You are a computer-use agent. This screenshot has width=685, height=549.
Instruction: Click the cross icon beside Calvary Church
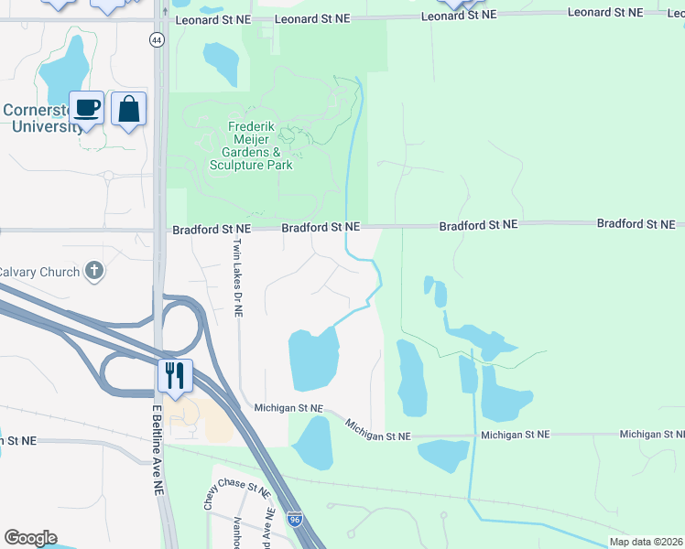pyautogui.click(x=92, y=270)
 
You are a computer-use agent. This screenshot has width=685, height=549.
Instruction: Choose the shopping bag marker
pyautogui.click(x=129, y=109)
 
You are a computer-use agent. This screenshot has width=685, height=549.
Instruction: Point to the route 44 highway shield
pyautogui.click(x=158, y=40)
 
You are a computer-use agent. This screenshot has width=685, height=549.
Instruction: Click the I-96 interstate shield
pyautogui.click(x=294, y=519)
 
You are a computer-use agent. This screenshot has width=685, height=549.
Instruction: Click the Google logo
pyautogui.click(x=30, y=538)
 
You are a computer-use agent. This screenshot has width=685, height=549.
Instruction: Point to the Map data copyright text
pyautogui.click(x=647, y=542)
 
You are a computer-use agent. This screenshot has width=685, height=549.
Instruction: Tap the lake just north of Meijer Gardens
pyautogui.click(x=220, y=61)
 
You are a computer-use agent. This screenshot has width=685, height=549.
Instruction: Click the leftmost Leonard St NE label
pyautogui.click(x=210, y=18)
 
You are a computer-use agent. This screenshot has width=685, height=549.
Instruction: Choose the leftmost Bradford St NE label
pyautogui.click(x=212, y=229)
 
